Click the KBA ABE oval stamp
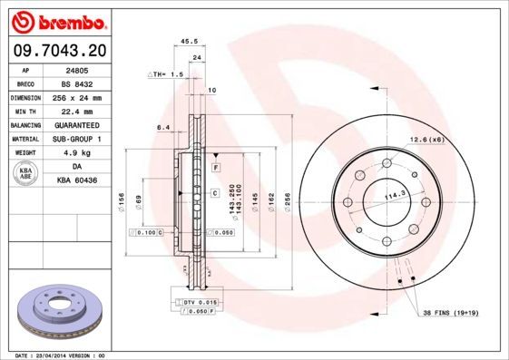coord(27,173)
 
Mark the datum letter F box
coord(216,169)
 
